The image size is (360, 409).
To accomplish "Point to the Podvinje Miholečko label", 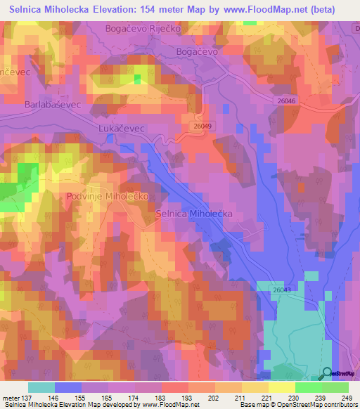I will coord(107,197).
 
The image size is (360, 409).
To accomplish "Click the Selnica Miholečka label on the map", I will coord(193,214).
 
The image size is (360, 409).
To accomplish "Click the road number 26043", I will coord(281,290).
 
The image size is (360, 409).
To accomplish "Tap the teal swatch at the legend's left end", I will coord(41,387).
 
